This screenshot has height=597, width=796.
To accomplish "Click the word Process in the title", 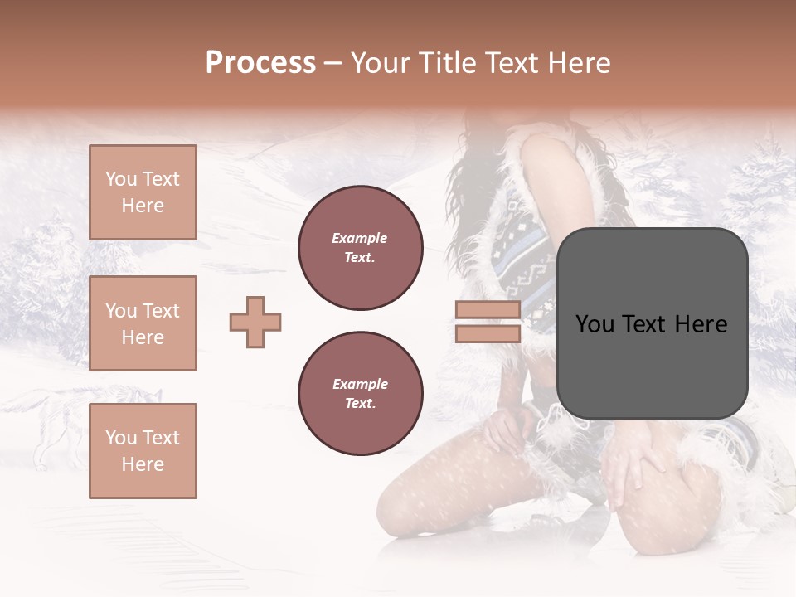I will coord(260,63).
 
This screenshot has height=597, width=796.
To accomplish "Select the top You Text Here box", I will coord(143,192).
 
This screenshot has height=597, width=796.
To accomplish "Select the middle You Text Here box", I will coord(143,323).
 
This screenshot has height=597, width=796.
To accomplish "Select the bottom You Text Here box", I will coord(143,450).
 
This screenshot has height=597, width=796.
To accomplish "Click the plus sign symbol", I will coord(255,322).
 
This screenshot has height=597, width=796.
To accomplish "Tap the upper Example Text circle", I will coord(361,247).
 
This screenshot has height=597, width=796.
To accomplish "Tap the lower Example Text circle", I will coord(361,393).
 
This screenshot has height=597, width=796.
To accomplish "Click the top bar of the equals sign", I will coord(488,310).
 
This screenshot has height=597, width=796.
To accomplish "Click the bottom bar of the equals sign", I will coord(488,333).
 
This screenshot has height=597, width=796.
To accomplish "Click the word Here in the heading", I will coord(579,63).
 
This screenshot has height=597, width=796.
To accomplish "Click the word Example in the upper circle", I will coord(360,238).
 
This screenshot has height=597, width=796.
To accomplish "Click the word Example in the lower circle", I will coord(360,384).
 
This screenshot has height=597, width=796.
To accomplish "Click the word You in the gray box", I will coord(595,324).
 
